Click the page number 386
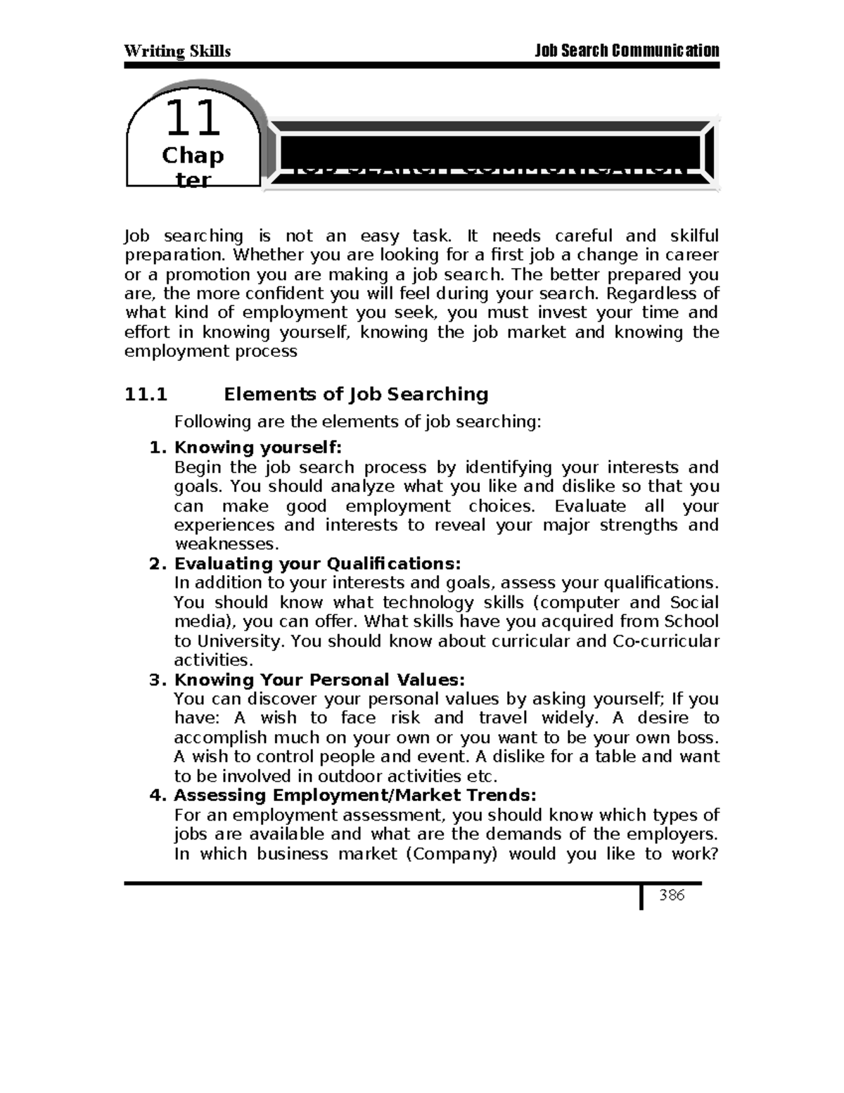click(671, 895)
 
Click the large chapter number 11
click(192, 119)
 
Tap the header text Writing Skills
click(177, 51)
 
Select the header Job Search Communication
click(627, 51)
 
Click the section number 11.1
click(146, 394)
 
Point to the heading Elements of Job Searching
click(356, 394)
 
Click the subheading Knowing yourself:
click(257, 448)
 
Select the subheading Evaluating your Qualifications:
click(317, 564)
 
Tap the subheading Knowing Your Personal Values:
click(319, 680)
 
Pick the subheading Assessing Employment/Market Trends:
click(354, 795)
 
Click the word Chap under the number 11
click(192, 155)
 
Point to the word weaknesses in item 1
click(224, 544)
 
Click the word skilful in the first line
click(694, 236)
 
